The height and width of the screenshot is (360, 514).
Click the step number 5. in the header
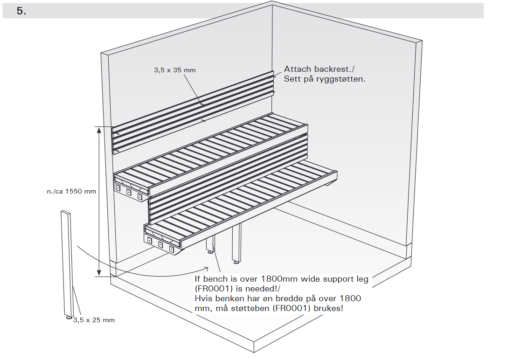pyautogui.click(x=21, y=11)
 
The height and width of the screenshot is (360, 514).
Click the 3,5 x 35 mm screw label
pyautogui.click(x=175, y=70)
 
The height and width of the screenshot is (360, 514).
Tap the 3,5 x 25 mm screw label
pyautogui.click(x=94, y=320)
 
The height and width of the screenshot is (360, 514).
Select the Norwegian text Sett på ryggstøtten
pyautogui.click(x=325, y=79)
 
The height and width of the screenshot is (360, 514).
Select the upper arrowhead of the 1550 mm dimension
pyautogui.click(x=99, y=131)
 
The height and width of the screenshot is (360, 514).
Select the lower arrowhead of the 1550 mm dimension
pyautogui.click(x=99, y=272)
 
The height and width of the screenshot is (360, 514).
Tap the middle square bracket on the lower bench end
pyautogui.click(x=161, y=244)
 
